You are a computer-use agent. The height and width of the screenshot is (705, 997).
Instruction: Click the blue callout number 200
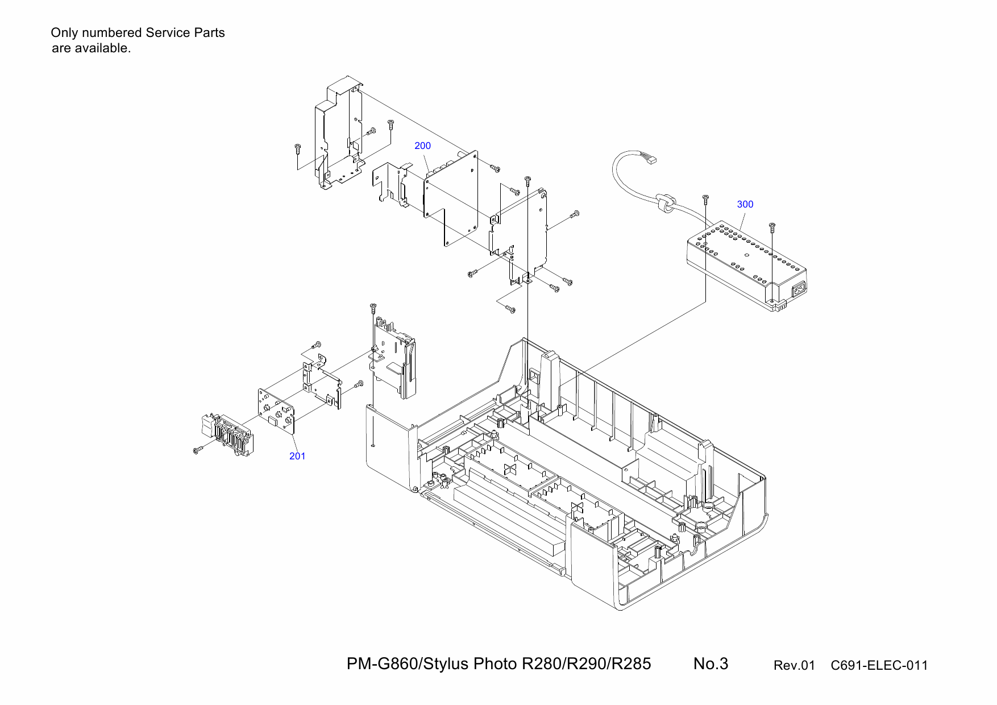click(x=422, y=146)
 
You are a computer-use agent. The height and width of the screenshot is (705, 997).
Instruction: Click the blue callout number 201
click(x=297, y=456)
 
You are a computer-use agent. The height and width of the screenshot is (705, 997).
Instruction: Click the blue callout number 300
click(x=745, y=204)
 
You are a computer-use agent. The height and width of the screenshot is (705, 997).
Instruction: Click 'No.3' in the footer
click(x=711, y=663)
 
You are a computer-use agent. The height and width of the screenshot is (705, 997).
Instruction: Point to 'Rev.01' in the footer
click(x=794, y=665)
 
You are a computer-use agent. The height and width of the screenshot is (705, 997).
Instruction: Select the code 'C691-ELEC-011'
click(x=879, y=665)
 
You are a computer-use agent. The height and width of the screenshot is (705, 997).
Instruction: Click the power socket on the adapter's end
click(x=799, y=289)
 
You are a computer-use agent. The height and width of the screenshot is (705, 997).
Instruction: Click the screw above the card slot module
click(x=373, y=307)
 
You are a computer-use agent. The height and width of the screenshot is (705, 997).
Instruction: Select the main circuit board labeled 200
click(x=452, y=199)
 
